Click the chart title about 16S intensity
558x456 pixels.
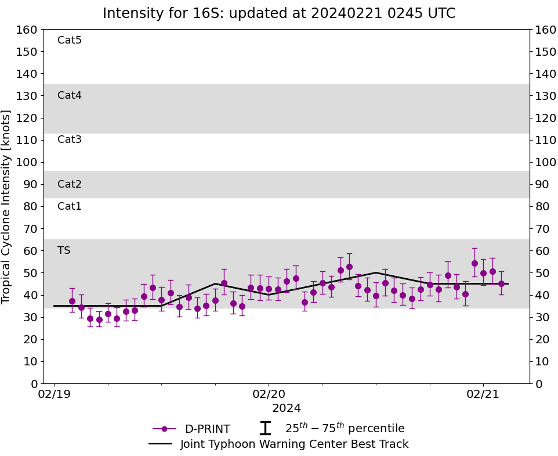(x=279, y=13)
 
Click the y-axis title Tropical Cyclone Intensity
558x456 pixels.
(x=7, y=206)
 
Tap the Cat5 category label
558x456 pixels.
(x=70, y=40)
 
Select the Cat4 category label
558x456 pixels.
(x=70, y=95)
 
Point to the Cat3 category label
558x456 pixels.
(x=70, y=139)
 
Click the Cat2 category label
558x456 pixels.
(x=70, y=184)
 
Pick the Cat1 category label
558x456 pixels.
(x=70, y=206)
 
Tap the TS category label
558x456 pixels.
(x=64, y=250)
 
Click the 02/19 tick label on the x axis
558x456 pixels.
(x=54, y=394)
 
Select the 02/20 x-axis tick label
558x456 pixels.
(x=269, y=394)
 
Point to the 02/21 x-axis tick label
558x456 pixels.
(x=483, y=394)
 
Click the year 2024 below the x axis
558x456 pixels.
(x=287, y=408)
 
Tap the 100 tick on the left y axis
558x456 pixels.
(x=28, y=162)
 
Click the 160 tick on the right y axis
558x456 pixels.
(x=545, y=30)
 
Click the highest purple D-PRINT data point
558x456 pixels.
(x=474, y=263)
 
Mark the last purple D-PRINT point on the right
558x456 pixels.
(x=501, y=283)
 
